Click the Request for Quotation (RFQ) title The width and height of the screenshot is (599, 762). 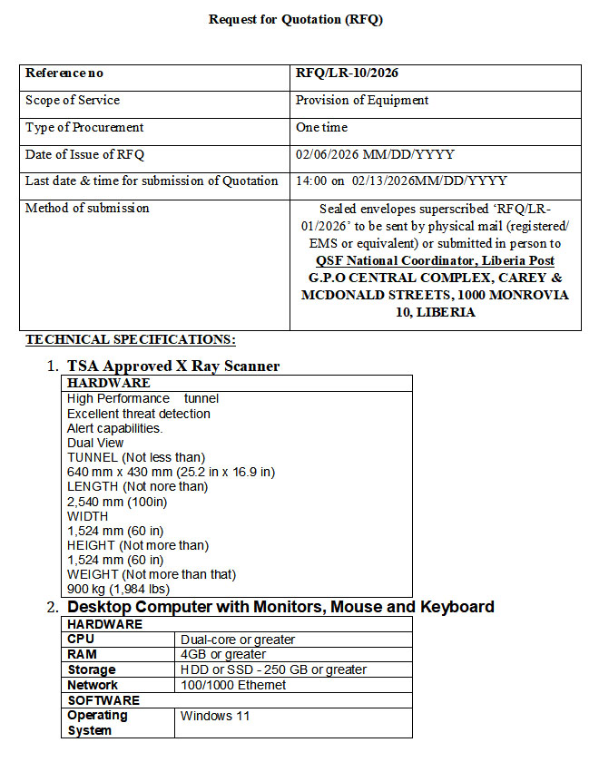click(x=296, y=19)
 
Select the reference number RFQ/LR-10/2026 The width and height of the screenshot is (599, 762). click(x=347, y=73)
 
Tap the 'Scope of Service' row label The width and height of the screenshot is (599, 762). click(x=73, y=101)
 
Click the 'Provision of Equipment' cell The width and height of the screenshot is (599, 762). click(x=362, y=101)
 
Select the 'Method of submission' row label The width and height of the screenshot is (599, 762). click(x=87, y=209)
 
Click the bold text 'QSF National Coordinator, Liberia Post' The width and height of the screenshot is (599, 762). click(x=435, y=261)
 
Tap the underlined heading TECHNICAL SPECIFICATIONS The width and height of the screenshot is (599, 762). click(x=131, y=339)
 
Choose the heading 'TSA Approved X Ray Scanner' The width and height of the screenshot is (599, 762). click(x=173, y=366)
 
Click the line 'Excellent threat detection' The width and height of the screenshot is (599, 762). click(x=139, y=414)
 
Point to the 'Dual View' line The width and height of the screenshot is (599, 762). click(x=95, y=443)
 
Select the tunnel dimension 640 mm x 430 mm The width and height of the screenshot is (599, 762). click(x=171, y=472)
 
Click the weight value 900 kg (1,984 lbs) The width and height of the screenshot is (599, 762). click(x=122, y=589)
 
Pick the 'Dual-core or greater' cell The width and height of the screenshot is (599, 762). click(x=238, y=640)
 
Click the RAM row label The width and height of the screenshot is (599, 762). click(x=82, y=654)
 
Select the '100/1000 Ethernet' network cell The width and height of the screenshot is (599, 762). click(x=233, y=685)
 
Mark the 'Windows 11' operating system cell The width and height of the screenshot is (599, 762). click(x=215, y=716)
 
